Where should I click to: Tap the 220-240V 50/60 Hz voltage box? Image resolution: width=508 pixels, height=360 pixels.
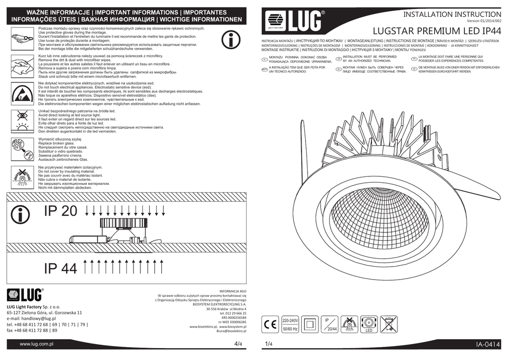tap(290, 324)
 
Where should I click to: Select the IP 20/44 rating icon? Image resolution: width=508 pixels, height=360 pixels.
tap(329, 324)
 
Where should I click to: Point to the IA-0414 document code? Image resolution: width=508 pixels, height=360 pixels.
tap(488, 345)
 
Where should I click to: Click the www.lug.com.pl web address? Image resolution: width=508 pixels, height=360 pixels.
tap(36, 344)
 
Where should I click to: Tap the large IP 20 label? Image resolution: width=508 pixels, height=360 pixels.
tap(61, 211)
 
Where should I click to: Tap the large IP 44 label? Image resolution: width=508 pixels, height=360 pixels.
tap(61, 269)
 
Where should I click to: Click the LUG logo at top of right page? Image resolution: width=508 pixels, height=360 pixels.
tap(293, 22)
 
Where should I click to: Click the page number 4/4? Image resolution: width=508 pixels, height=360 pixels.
tap(238, 344)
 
